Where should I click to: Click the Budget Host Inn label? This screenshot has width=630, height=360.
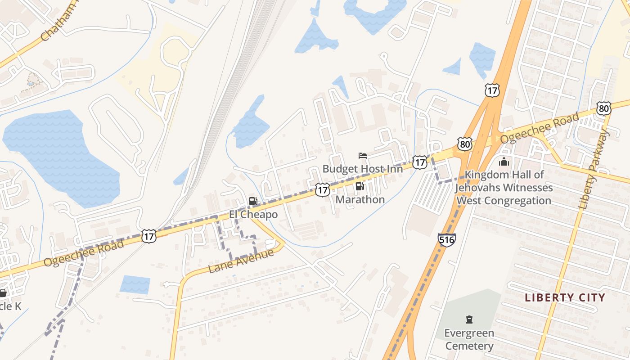[362, 169]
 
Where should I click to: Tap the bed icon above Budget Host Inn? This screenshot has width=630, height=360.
[363, 156]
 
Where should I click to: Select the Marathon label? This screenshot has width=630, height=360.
[360, 199]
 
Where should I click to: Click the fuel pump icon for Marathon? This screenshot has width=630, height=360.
[360, 186]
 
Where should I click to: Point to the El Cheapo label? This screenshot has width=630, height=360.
[253, 215]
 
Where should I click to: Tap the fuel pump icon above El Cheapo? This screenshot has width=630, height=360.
[253, 201]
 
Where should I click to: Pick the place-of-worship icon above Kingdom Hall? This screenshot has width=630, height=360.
[504, 162]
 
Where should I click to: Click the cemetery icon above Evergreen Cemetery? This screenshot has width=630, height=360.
[469, 320]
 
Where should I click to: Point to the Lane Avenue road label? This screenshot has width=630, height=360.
[241, 261]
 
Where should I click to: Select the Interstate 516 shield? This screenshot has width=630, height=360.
[446, 239]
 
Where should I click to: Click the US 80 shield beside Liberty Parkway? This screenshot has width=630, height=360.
[604, 108]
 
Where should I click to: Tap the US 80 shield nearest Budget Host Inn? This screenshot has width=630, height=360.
[464, 144]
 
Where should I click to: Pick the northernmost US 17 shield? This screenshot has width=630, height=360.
[492, 90]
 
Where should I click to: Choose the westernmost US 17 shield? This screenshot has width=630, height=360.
[148, 236]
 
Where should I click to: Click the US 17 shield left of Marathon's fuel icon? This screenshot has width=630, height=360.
[322, 190]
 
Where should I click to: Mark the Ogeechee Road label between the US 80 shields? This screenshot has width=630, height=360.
[540, 128]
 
